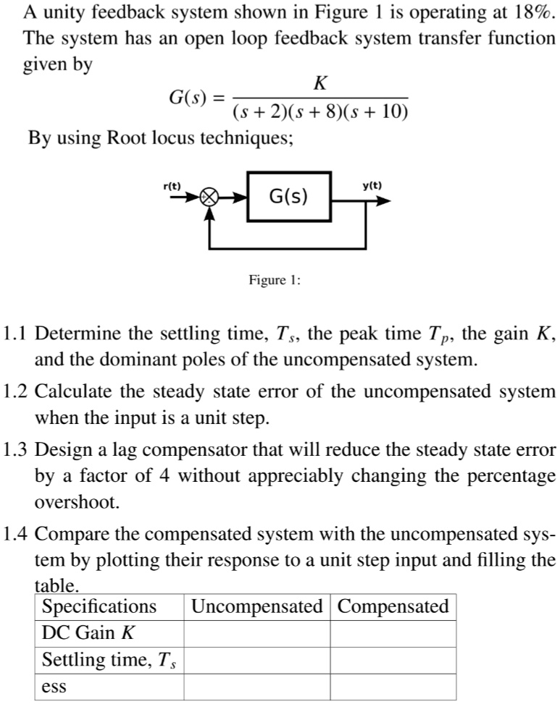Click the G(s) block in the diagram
pyautogui.click(x=288, y=196)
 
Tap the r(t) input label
pyautogui.click(x=172, y=186)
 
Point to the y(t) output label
pyautogui.click(x=372, y=186)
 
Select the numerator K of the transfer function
pyautogui.click(x=320, y=84)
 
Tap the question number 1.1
pyautogui.click(x=15, y=335)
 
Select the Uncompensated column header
pyautogui.click(x=257, y=606)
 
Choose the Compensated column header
pyautogui.click(x=393, y=606)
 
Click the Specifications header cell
pyautogui.click(x=99, y=606)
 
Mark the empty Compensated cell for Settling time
pyautogui.click(x=393, y=660)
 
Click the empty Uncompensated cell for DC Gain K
pyautogui.click(x=257, y=633)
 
